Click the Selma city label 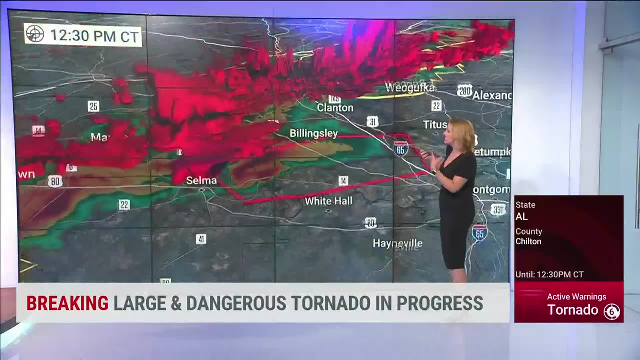click(201, 180)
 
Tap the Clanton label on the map click(335, 108)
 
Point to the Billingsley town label click(313, 133)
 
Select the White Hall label click(328, 201)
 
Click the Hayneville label click(397, 243)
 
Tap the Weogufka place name click(410, 87)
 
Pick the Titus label click(435, 124)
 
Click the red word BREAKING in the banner click(67, 303)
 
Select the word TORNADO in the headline click(331, 303)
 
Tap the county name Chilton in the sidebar click(528, 241)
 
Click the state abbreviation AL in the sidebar click(522, 217)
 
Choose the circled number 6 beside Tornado click(612, 312)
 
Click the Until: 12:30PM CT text click(549, 275)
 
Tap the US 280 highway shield click(464, 91)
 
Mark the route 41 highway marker click(201, 239)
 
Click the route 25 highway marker click(94, 106)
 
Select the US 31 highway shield click(372, 122)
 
